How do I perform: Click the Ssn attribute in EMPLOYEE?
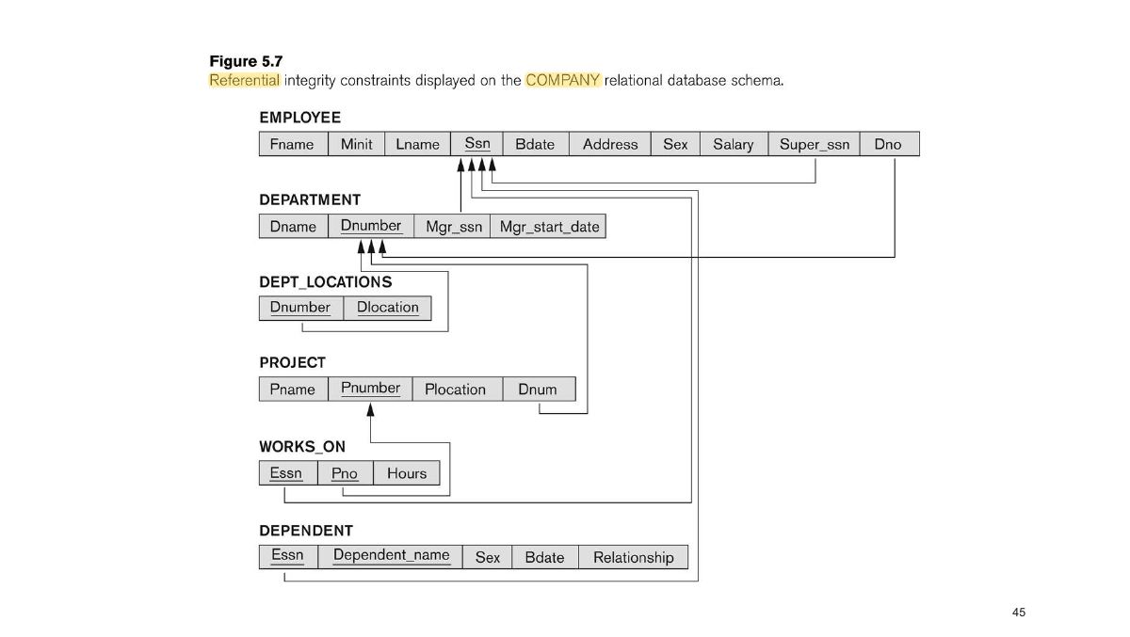click(476, 144)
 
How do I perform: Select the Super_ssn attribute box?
click(815, 144)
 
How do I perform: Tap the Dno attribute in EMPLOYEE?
click(889, 144)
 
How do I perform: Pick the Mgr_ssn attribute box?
click(452, 226)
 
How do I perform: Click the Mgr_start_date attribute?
click(548, 226)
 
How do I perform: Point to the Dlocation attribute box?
click(387, 308)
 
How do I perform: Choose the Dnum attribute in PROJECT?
click(539, 389)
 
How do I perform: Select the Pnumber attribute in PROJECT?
click(370, 389)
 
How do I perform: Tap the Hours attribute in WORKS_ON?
click(407, 473)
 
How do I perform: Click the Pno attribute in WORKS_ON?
click(345, 473)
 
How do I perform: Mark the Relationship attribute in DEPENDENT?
click(633, 557)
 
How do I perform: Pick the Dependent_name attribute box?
click(391, 557)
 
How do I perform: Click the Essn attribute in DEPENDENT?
click(288, 557)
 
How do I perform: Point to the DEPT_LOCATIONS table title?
click(326, 282)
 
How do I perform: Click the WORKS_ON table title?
click(302, 447)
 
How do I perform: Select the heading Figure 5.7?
click(246, 61)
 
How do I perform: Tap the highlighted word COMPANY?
click(562, 80)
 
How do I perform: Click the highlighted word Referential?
click(244, 80)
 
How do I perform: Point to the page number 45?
click(1019, 612)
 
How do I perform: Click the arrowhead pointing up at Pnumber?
click(371, 409)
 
